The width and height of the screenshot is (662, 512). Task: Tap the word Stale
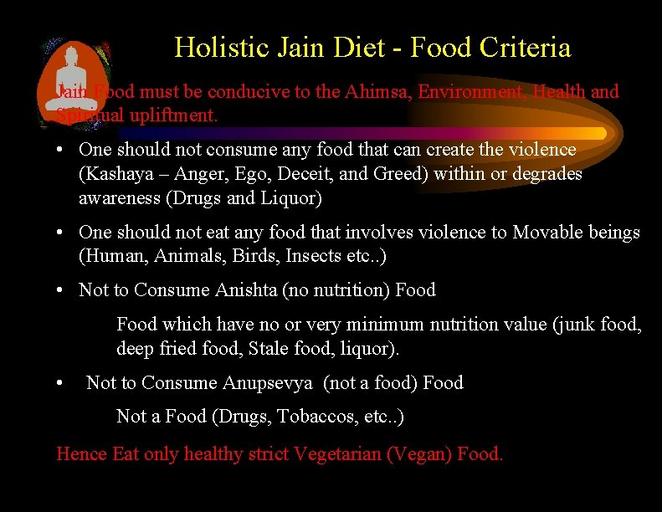[269, 348]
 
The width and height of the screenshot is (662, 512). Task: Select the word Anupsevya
[268, 383]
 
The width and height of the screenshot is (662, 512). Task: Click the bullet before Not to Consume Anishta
[62, 290]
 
